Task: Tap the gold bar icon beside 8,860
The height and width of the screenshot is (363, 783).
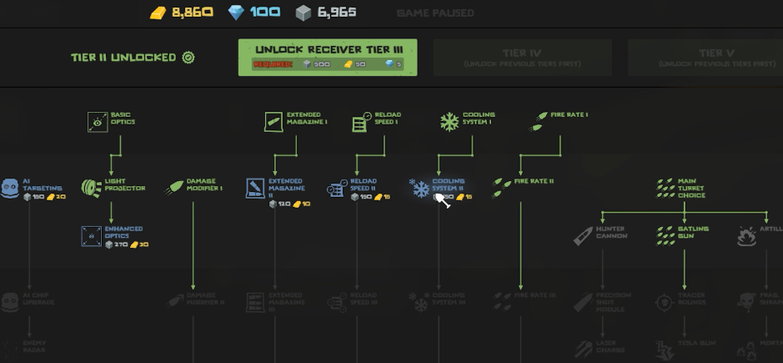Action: click(x=158, y=13)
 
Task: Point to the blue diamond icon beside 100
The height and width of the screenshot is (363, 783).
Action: click(x=238, y=13)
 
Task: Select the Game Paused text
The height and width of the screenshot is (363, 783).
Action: click(x=435, y=13)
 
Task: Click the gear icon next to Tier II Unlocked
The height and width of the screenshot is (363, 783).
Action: click(x=188, y=58)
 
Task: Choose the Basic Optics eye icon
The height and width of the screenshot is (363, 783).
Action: click(x=98, y=122)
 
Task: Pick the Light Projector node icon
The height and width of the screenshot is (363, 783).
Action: click(x=91, y=188)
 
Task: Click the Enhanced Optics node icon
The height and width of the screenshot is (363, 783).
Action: click(x=91, y=235)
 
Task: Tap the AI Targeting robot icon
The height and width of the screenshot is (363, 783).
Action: click(x=10, y=188)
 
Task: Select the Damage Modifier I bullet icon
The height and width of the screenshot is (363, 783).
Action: click(x=175, y=188)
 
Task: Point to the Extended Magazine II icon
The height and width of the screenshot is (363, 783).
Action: click(x=255, y=189)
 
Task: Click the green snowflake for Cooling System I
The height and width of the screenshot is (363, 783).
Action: click(x=449, y=122)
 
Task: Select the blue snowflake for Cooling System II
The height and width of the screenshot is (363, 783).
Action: click(x=419, y=188)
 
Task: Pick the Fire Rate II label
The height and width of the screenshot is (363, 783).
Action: click(x=534, y=181)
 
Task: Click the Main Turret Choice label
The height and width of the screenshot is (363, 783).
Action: click(x=691, y=188)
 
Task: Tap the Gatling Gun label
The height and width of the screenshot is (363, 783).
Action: click(x=693, y=232)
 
